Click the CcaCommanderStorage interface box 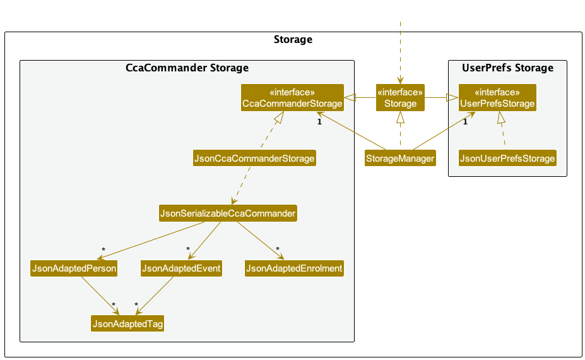pos(292,98)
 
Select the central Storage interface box pos(400,98)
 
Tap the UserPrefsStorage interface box pos(497,98)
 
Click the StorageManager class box pos(400,159)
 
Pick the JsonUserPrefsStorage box pos(508,159)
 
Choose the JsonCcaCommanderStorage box pos(254,159)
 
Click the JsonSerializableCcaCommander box pos(228,213)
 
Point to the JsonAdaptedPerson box pos(74,268)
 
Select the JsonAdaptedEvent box pos(181,268)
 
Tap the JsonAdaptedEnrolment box pos(294,268)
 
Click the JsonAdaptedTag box pos(127,324)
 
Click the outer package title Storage pos(293,40)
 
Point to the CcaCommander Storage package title pos(187,68)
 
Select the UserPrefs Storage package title pos(507,68)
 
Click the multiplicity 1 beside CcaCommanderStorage pos(320,122)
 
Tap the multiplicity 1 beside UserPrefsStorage pos(465,122)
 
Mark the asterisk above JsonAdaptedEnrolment pos(278,249)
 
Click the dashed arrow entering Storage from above pos(400,51)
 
